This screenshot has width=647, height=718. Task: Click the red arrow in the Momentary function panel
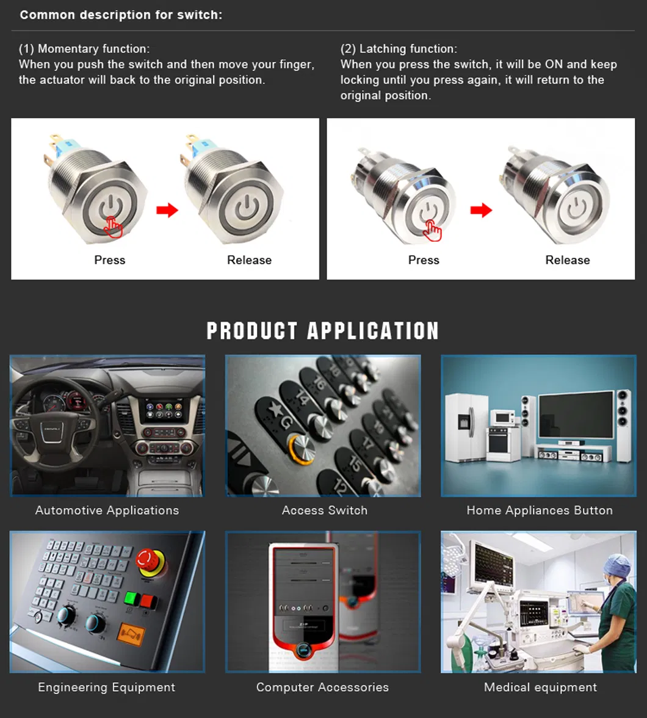[x=167, y=210]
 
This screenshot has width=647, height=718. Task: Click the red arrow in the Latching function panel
[x=481, y=210]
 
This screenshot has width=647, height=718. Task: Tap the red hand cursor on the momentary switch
[x=113, y=227]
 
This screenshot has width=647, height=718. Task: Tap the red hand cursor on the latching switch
[x=432, y=230]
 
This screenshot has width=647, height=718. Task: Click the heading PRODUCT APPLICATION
[x=323, y=331]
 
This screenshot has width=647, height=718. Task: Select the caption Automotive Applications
[x=107, y=510]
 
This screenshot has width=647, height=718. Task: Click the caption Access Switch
[x=325, y=510]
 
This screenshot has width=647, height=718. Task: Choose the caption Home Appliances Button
[x=540, y=510]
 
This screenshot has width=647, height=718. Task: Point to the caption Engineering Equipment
[x=107, y=687]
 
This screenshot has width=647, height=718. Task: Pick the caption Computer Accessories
[x=322, y=687]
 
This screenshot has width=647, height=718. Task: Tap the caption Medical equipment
[x=540, y=687]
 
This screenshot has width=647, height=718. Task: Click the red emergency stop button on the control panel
[x=150, y=562]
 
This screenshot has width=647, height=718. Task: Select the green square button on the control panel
[x=132, y=598]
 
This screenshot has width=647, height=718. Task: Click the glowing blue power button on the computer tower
[x=303, y=650]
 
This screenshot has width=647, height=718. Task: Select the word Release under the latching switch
[x=567, y=260]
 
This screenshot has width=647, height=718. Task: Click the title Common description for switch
[x=121, y=15]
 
